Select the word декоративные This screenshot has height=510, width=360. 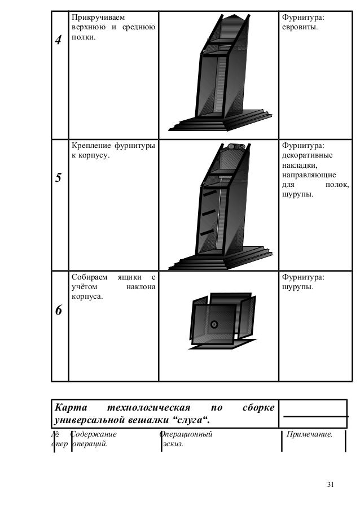(x=308, y=155)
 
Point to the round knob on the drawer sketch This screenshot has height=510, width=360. (x=214, y=324)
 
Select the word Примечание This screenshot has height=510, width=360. (x=309, y=434)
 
